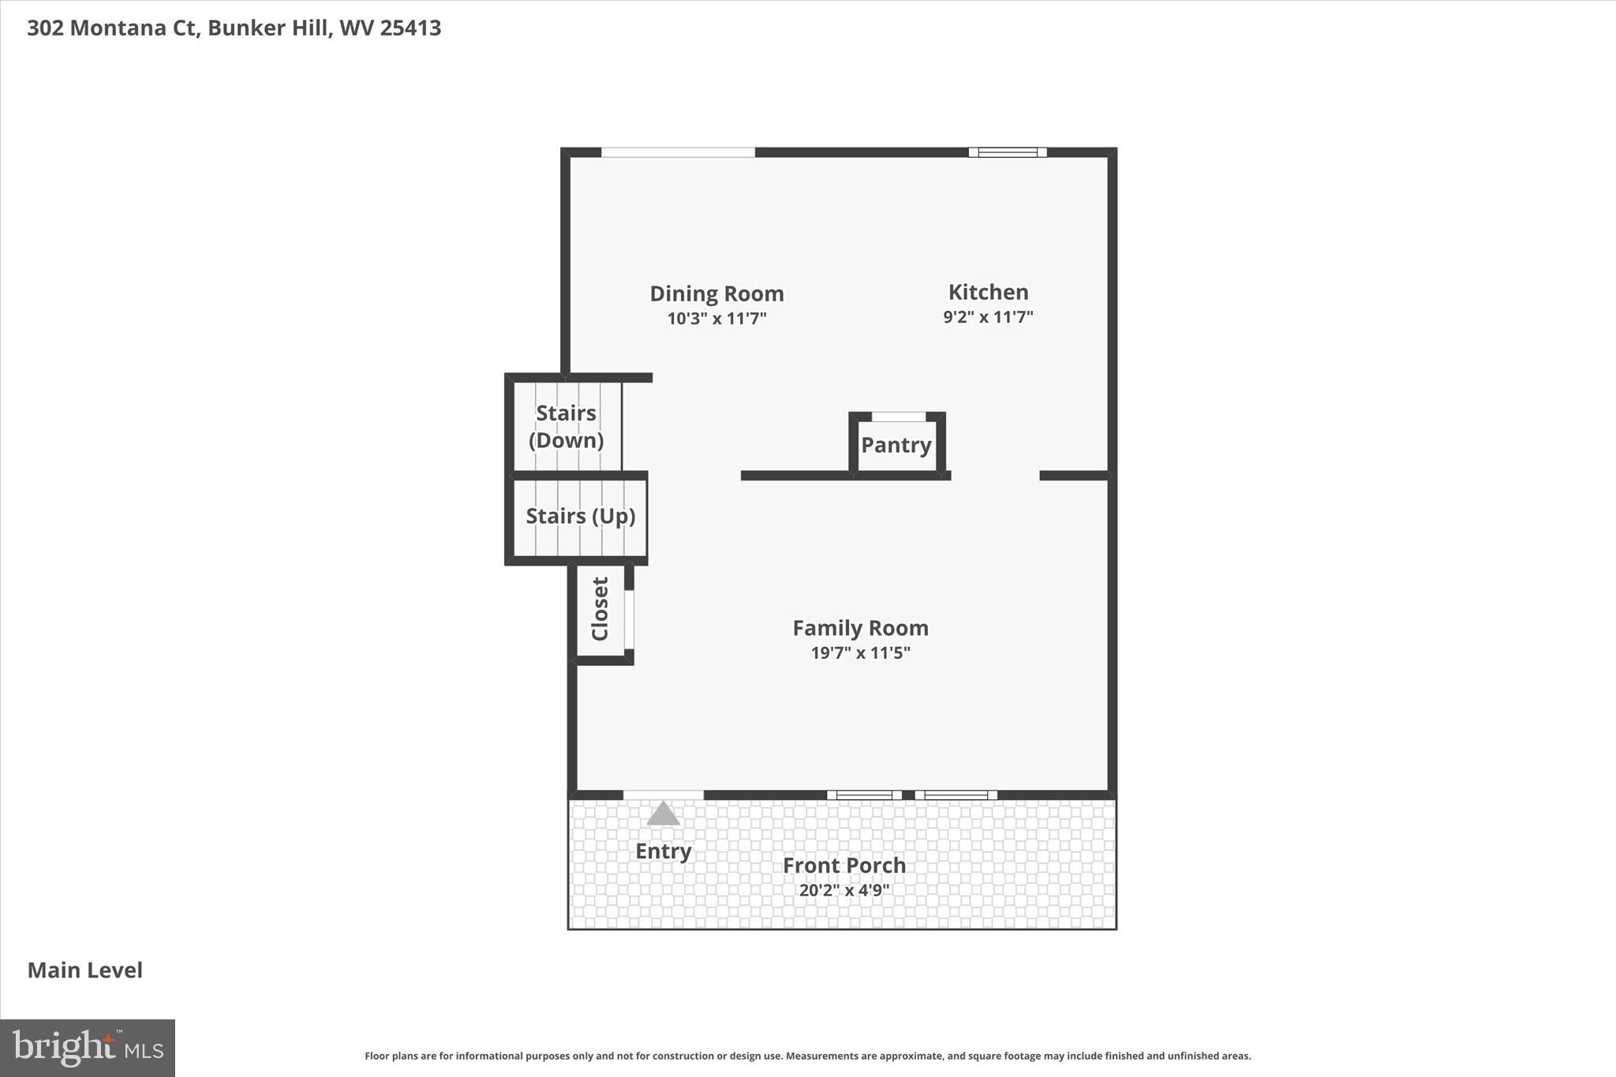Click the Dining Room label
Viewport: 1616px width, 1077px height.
coord(716,294)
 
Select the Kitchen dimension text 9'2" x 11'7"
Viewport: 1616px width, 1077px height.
coord(988,317)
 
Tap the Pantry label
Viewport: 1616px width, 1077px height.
coord(896,445)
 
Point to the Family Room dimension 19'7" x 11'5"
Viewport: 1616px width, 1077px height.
coord(860,653)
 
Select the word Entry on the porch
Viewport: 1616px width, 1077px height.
coord(663,851)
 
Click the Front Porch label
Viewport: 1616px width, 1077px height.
coord(844,866)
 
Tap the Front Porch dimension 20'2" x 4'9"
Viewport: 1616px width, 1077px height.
coord(844,891)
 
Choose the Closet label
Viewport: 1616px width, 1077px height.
coord(600,609)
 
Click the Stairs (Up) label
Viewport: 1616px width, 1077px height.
coord(580,516)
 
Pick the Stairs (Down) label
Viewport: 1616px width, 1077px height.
coord(566,427)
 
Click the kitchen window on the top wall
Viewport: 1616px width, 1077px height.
coord(1008,152)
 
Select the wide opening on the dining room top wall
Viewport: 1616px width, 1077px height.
coord(678,152)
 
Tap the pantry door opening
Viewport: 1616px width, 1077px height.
coord(898,417)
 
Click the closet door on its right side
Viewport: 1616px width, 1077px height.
coord(629,619)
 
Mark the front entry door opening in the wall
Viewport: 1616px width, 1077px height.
coord(663,795)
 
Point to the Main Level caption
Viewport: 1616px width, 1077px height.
coord(85,970)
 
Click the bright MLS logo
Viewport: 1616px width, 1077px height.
coord(88,1048)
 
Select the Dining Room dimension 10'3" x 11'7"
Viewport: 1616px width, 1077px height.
coord(716,319)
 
